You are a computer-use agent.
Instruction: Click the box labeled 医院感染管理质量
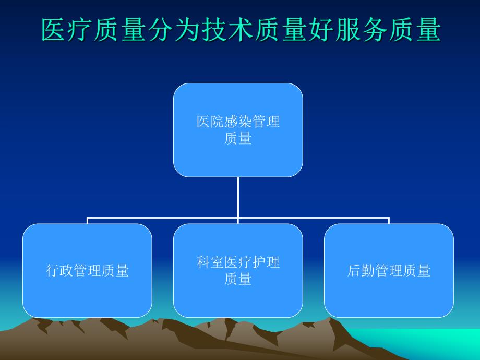pos(238,130)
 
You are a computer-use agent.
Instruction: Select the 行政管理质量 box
pos(87,270)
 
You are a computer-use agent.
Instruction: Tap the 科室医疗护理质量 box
pos(238,270)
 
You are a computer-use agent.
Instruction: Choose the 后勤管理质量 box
pos(389,270)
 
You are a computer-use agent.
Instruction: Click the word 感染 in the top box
pos(238,122)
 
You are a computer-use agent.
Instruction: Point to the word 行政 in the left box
pos(59,271)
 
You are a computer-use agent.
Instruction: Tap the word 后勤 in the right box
pos(361,271)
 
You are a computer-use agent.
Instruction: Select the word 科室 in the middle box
pos(210,262)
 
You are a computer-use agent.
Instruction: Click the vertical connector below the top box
pos(238,197)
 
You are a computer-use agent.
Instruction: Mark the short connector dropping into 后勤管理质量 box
pos(389,221)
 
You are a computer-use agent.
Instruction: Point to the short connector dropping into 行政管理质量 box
pos(87,221)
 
